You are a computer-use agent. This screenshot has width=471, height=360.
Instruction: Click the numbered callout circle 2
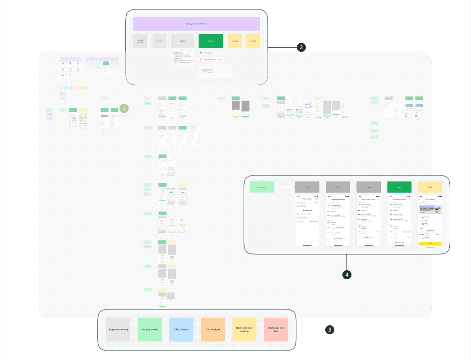pos(301,47)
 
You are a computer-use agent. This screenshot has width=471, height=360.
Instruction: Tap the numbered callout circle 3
pos(330,330)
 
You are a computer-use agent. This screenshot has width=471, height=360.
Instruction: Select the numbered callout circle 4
pos(346,274)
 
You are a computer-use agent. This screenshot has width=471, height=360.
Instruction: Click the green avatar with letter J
pos(125,108)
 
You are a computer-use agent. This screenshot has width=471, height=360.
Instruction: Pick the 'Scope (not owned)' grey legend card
pos(118,329)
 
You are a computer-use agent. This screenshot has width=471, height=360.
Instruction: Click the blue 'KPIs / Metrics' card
pos(180,329)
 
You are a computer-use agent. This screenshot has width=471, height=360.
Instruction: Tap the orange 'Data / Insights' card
pos(212,329)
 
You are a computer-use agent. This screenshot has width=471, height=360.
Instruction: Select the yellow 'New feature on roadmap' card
pos(244,329)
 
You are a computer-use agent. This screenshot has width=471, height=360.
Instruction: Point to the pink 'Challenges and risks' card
pos(276,329)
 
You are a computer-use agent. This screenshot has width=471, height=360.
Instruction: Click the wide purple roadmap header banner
pos(196,24)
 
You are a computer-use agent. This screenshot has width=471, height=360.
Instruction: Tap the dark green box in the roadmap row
pos(211,41)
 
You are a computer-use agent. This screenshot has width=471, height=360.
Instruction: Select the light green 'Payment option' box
pos(262,186)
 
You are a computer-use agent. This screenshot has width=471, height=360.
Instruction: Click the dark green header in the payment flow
pos(399,187)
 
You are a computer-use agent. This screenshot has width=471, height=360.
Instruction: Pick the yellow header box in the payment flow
pos(430,187)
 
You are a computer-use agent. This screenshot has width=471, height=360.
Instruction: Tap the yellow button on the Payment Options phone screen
pos(430,244)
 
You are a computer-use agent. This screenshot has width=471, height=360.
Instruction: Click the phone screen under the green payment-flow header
pos(399,220)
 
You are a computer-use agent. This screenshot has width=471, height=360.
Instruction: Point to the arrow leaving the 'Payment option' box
pos(284,186)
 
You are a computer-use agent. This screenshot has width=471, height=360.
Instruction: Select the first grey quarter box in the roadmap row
pos(140,41)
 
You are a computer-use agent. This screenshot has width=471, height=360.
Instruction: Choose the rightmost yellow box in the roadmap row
pos(254,41)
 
